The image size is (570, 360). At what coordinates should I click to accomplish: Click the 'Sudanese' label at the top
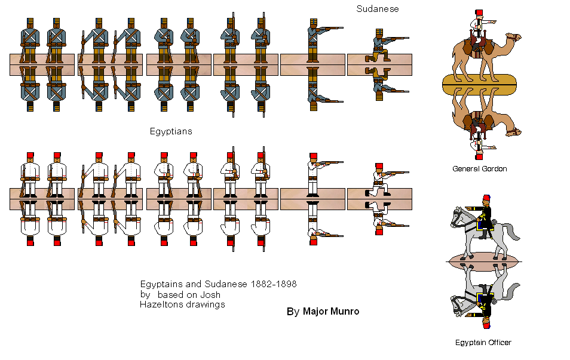(377, 9)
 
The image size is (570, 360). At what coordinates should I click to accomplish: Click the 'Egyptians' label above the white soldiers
(171, 131)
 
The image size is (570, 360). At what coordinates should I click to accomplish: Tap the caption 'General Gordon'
(479, 169)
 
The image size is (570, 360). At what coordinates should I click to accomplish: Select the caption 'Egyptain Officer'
(482, 342)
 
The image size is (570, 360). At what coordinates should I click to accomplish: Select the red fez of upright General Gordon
(479, 13)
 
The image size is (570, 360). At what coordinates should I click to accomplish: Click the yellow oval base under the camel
(479, 84)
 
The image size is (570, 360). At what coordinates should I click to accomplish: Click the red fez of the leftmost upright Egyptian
(30, 155)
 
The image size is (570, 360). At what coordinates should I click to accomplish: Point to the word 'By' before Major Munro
(292, 312)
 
